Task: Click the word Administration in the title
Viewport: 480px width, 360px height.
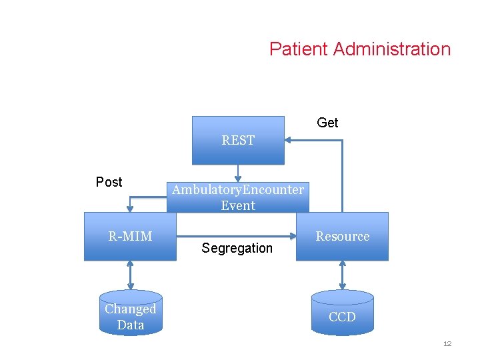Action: [392, 49]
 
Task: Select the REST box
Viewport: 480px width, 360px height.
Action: [238, 140]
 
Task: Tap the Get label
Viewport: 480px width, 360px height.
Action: [327, 123]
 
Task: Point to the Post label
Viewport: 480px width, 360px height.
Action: [109, 182]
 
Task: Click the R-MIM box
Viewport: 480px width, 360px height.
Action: [130, 237]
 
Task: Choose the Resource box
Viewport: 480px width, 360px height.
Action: [342, 237]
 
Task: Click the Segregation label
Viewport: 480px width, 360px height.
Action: [237, 248]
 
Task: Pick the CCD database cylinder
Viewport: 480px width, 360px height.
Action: [342, 313]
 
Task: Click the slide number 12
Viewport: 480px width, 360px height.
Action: [447, 343]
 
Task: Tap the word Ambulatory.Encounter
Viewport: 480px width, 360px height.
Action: [238, 189]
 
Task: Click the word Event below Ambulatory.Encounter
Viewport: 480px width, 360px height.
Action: [238, 205]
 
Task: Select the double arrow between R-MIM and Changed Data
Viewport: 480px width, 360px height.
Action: [130, 275]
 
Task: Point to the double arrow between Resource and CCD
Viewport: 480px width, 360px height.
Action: [342, 275]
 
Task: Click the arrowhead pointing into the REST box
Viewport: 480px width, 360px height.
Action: [289, 140]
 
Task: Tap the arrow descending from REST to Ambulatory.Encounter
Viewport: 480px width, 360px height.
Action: [238, 172]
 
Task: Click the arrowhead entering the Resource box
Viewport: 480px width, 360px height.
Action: [293, 236]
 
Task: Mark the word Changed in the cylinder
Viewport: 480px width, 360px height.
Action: [130, 309]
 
